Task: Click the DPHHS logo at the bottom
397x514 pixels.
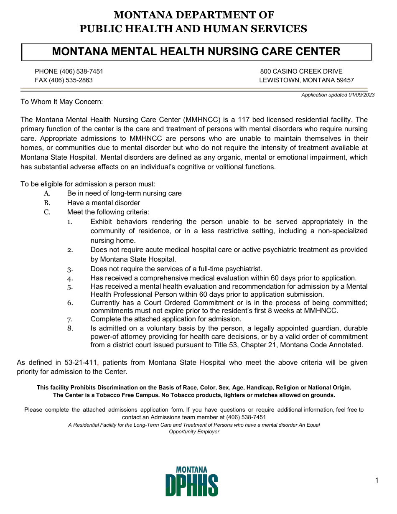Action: pos(192,482)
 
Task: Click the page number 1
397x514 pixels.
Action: pos(377,481)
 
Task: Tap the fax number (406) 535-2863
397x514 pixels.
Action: pos(71,80)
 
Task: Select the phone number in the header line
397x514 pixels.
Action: pos(81,71)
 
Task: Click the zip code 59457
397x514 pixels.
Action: pos(345,80)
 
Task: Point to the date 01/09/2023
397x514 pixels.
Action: pos(361,95)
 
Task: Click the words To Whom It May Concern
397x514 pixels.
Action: pos(61,102)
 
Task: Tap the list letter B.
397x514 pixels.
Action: pos(47,203)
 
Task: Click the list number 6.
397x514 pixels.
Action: pos(70,303)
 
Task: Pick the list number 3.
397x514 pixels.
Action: pos(70,269)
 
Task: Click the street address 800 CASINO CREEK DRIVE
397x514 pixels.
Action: pos(301,71)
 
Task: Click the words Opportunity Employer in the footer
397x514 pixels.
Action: pos(194,432)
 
